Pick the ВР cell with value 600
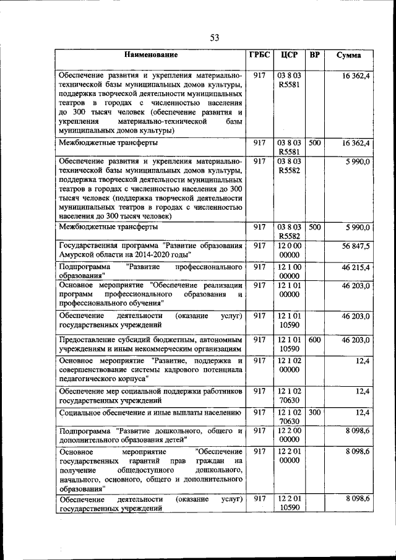(x=314, y=340)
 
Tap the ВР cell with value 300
(x=314, y=412)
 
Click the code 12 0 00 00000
(x=289, y=250)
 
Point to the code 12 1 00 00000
(x=289, y=271)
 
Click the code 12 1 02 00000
(x=289, y=365)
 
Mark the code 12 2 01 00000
(x=289, y=456)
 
